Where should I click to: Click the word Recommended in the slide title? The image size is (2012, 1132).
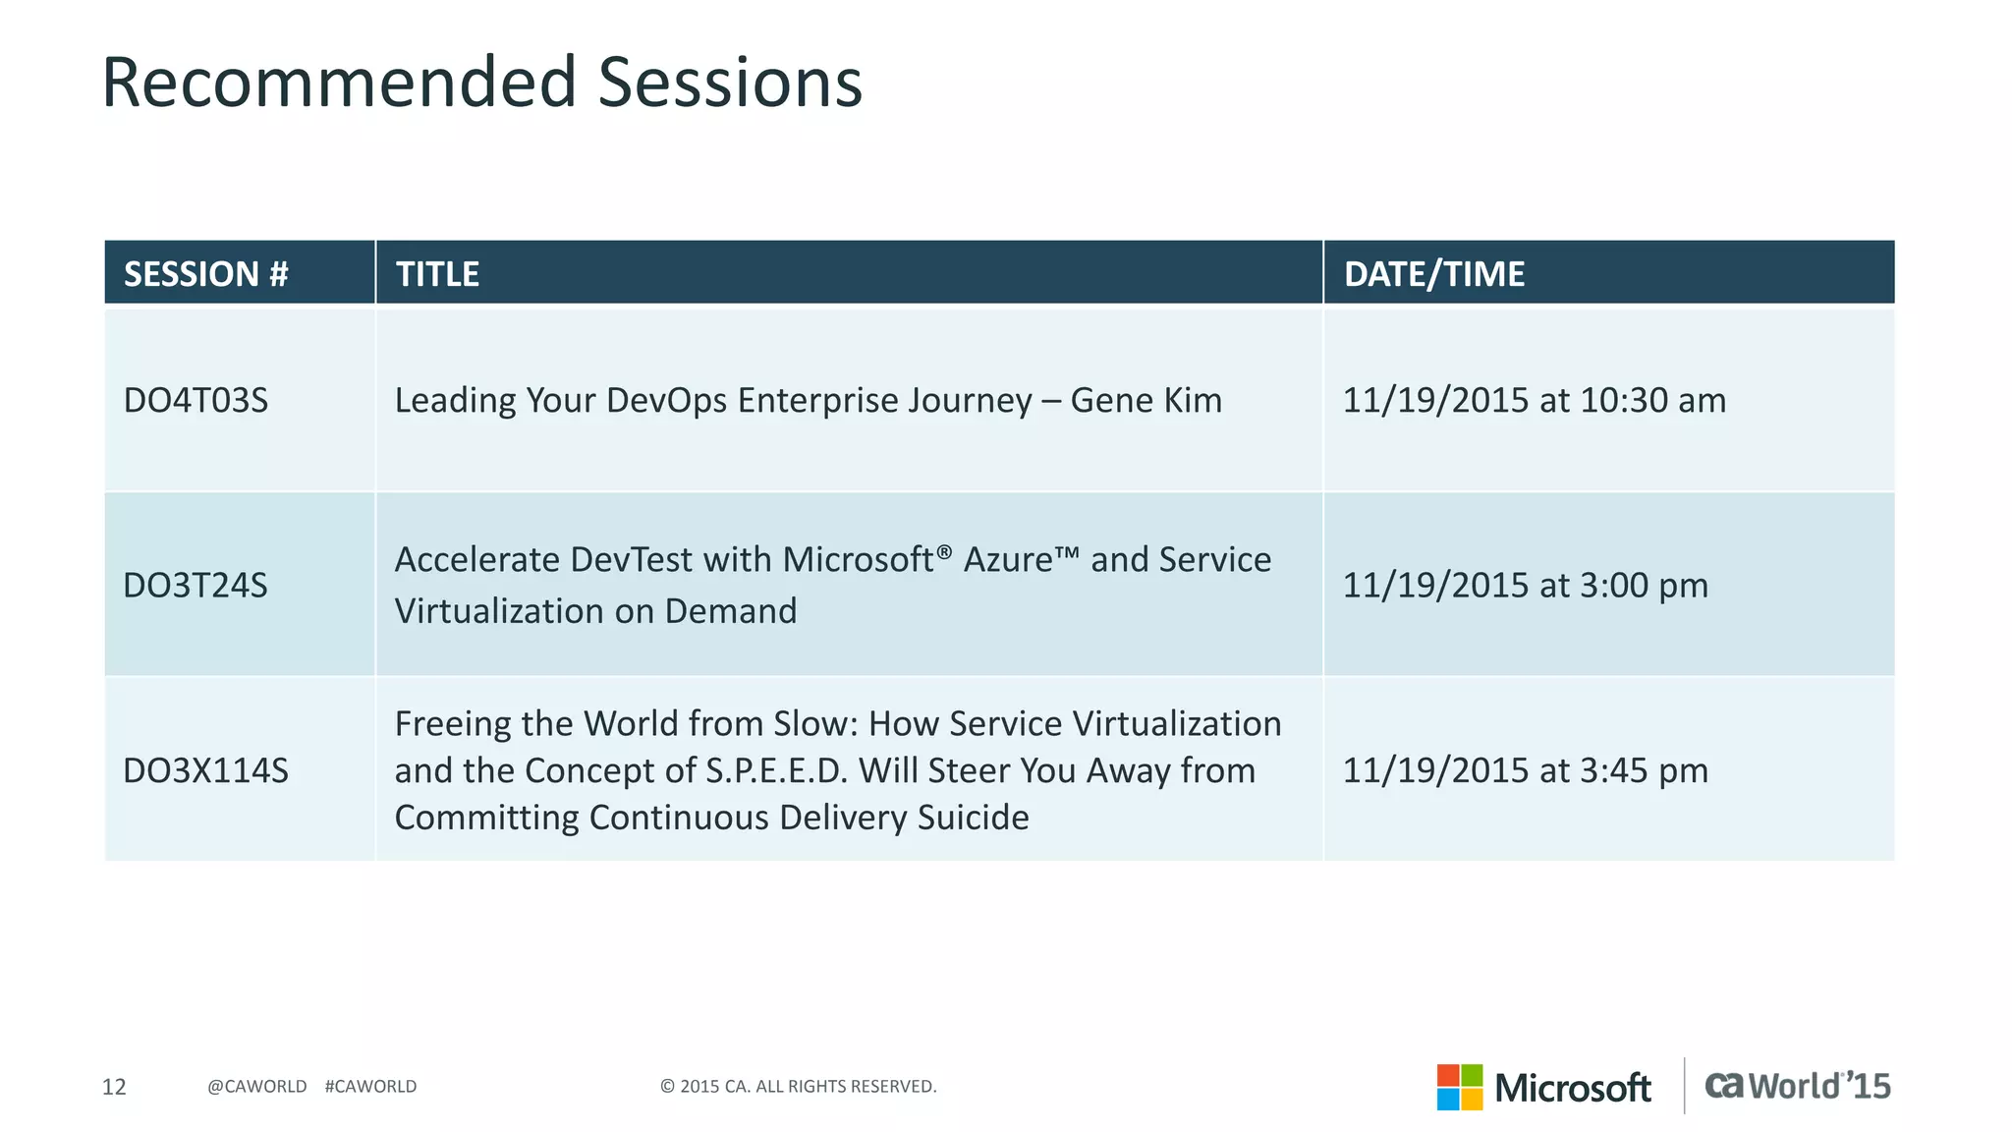click(339, 83)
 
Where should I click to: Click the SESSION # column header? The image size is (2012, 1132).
click(206, 274)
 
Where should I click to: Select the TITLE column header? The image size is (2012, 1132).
click(437, 274)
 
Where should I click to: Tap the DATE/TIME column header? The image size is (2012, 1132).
click(1433, 274)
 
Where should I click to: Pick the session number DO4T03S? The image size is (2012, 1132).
click(196, 401)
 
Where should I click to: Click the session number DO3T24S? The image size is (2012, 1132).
click(196, 586)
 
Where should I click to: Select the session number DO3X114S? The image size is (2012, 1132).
click(205, 770)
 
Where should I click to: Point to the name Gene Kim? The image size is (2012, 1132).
click(1146, 401)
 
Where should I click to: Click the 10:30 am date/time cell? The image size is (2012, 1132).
click(1534, 401)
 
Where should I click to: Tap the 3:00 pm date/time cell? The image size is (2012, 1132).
click(1525, 586)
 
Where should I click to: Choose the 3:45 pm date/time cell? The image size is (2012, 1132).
click(1525, 770)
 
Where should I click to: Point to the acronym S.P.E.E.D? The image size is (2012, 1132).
click(776, 771)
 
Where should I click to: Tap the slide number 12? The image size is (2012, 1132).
click(114, 1087)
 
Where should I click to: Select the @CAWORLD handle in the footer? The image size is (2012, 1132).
click(257, 1087)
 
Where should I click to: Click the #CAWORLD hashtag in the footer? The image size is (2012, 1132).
click(370, 1087)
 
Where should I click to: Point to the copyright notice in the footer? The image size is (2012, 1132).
click(798, 1087)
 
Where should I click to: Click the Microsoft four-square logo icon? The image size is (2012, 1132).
click(1459, 1087)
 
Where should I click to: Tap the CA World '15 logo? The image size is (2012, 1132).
click(1797, 1086)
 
